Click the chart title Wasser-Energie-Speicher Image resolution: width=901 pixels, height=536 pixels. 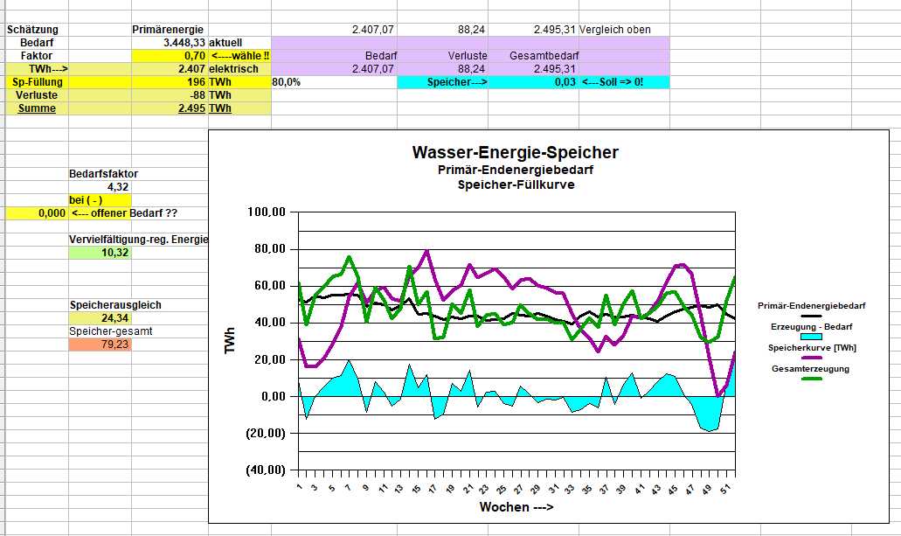(x=515, y=153)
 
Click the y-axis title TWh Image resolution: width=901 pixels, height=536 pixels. (x=231, y=341)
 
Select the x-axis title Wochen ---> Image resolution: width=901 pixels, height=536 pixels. (x=516, y=507)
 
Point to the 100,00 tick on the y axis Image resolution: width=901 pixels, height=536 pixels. (x=267, y=212)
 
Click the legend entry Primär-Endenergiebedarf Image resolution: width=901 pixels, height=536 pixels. (x=811, y=306)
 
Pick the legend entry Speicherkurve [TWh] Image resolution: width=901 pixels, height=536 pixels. (x=810, y=347)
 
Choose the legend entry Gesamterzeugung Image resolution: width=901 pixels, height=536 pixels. (x=810, y=369)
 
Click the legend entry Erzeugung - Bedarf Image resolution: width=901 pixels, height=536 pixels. (x=810, y=326)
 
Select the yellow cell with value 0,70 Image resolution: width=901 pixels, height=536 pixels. (x=170, y=55)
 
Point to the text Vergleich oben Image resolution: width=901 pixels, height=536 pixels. (x=615, y=30)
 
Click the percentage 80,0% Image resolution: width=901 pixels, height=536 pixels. (x=287, y=82)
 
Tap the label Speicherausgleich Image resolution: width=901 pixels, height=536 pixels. (x=115, y=305)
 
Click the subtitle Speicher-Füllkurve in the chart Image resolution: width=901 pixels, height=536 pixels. (x=515, y=185)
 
